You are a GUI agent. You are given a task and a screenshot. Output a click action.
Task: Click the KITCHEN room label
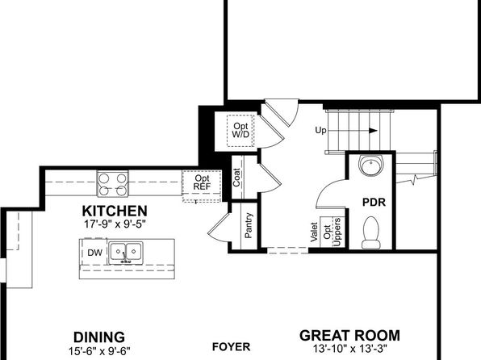(x=115, y=211)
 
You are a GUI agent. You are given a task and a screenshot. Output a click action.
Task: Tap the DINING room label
(x=99, y=337)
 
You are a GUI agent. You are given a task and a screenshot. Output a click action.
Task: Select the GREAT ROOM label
(x=349, y=336)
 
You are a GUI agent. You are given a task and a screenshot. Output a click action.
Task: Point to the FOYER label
(x=232, y=347)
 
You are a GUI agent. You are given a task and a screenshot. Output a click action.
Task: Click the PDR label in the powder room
(x=374, y=203)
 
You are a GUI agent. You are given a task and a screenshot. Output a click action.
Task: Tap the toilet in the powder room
(x=371, y=232)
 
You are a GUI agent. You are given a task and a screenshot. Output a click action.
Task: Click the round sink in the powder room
(x=371, y=165)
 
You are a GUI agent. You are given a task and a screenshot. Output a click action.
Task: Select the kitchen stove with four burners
(x=113, y=183)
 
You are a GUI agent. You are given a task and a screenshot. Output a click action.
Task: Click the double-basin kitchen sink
(x=126, y=253)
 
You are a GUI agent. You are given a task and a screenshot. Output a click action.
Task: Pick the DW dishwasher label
(x=94, y=253)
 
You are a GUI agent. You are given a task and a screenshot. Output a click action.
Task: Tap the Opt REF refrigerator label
(x=202, y=182)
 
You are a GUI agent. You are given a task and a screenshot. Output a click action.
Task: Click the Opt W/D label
(x=240, y=130)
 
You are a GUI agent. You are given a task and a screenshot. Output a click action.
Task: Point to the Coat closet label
(x=236, y=178)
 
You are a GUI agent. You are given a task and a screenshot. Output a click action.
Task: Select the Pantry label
(x=249, y=225)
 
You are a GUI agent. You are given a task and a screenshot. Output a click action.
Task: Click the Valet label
(x=313, y=232)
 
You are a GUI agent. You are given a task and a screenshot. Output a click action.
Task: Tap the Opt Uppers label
(x=332, y=232)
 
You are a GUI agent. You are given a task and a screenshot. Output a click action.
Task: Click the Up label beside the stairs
(x=320, y=131)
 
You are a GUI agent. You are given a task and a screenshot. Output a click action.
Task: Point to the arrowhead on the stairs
(x=373, y=131)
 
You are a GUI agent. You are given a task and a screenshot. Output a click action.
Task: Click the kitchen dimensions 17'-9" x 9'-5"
(x=115, y=224)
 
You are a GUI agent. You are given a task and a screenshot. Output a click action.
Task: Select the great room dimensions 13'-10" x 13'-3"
(x=350, y=349)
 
